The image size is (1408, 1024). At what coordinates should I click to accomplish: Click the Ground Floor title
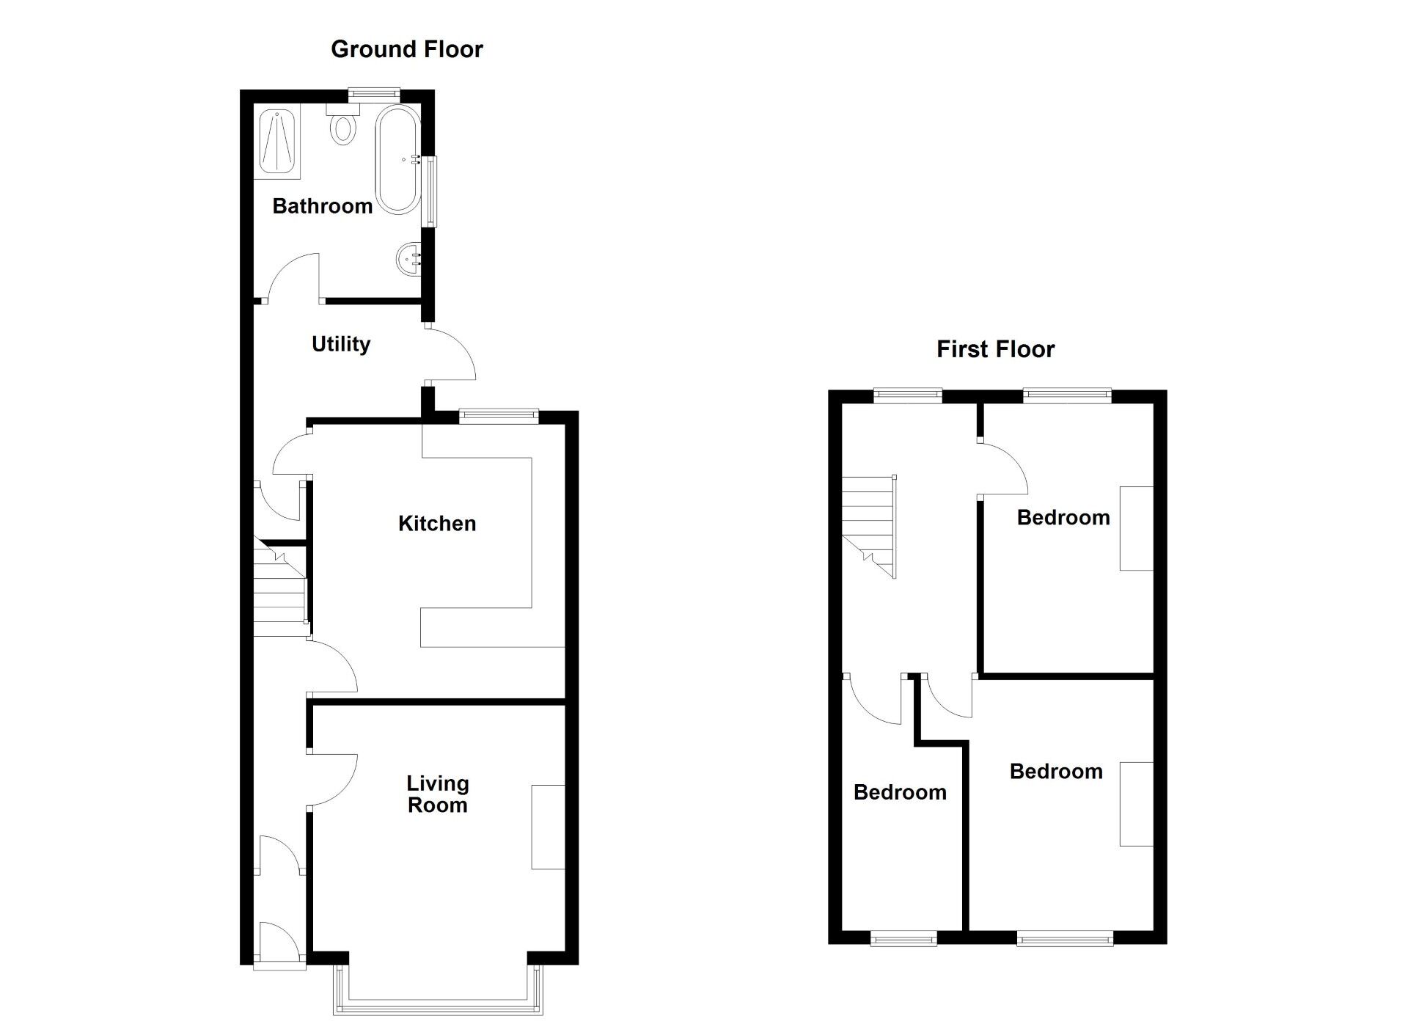click(x=407, y=49)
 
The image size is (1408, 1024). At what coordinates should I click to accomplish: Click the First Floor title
click(x=995, y=349)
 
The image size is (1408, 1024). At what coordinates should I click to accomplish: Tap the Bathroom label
click(x=322, y=206)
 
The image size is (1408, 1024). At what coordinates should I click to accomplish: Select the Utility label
click(x=341, y=344)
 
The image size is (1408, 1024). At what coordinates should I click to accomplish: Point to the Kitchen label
click(x=437, y=524)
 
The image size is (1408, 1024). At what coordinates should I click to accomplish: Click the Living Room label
click(x=438, y=794)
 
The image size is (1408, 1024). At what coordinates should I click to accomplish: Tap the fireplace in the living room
click(x=548, y=827)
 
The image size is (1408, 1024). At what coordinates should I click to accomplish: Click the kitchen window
click(x=499, y=416)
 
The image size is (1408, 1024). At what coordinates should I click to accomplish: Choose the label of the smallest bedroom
click(x=900, y=792)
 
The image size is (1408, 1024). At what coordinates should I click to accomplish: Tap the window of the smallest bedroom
click(x=903, y=937)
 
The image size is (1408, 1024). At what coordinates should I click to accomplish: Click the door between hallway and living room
click(x=332, y=780)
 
